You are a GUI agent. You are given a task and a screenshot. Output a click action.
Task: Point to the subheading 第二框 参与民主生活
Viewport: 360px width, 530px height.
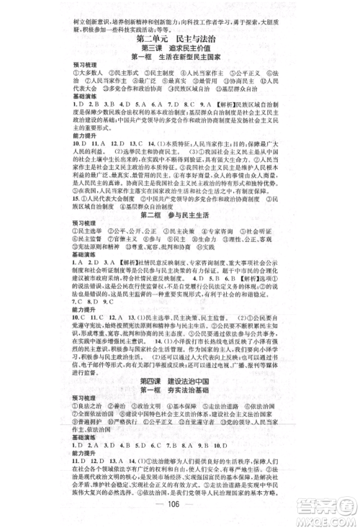pyautogui.click(x=179, y=215)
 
